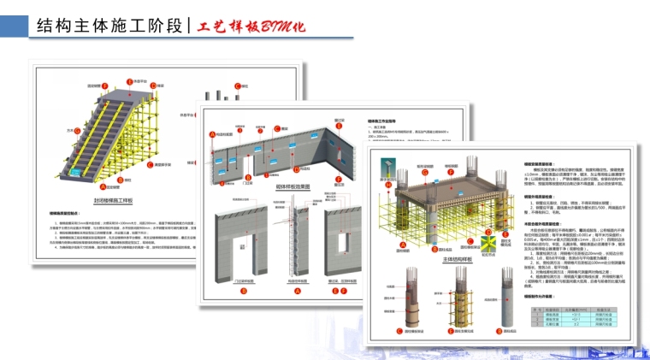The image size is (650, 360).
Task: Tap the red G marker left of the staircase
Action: pos(77,131)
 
